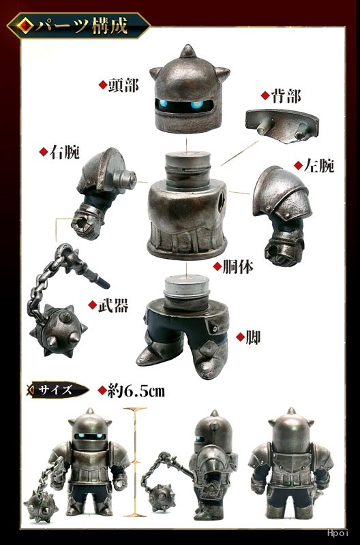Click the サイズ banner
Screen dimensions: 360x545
pyautogui.click(x=57, y=390)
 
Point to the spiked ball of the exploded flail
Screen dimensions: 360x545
pyautogui.click(x=59, y=330)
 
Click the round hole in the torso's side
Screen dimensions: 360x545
pyautogui.click(x=221, y=202)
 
